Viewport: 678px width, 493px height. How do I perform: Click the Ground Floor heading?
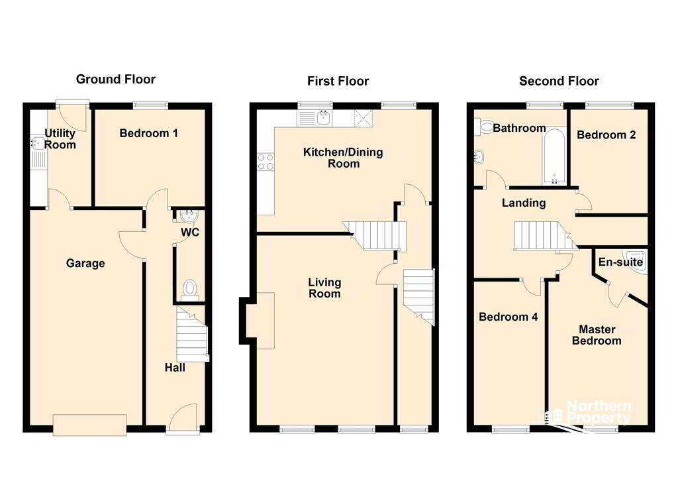(x=115, y=80)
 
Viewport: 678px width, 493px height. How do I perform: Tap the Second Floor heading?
(x=559, y=81)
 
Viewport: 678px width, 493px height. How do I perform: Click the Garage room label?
(x=85, y=263)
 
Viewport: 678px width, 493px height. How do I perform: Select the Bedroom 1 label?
(x=148, y=133)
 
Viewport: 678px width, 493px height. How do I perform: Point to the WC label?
(x=190, y=233)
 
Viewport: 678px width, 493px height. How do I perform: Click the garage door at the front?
(x=90, y=424)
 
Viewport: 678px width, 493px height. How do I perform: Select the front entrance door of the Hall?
(x=183, y=418)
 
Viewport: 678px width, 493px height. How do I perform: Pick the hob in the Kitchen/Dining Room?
(x=266, y=162)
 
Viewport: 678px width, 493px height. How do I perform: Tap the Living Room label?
(x=324, y=288)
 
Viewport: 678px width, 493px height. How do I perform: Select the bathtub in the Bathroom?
(x=554, y=156)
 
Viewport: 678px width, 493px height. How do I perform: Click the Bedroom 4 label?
(x=508, y=317)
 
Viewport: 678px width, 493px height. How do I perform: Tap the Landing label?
(x=524, y=203)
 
